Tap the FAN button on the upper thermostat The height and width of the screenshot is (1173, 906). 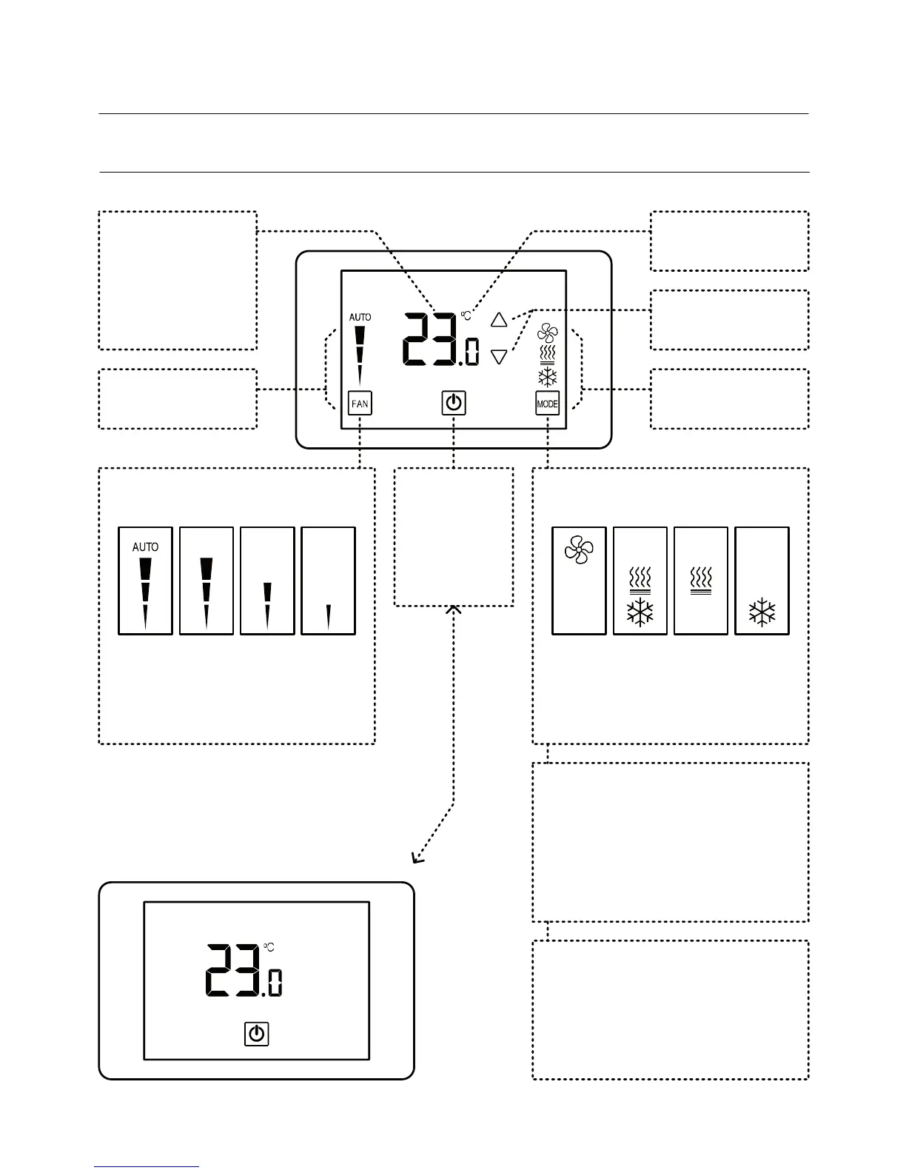click(360, 404)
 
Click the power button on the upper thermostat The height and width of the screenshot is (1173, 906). click(454, 404)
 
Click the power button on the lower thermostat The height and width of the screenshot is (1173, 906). click(257, 1034)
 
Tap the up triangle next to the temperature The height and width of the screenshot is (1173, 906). click(499, 320)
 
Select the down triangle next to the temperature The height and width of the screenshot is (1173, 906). click(499, 357)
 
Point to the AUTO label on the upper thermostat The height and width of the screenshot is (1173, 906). click(360, 317)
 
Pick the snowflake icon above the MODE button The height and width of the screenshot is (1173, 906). click(548, 378)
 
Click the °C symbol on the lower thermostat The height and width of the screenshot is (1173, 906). click(269, 947)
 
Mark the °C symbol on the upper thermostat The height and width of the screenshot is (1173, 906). click(466, 315)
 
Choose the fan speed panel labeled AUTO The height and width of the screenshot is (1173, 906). click(146, 581)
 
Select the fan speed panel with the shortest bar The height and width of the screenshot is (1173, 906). click(328, 581)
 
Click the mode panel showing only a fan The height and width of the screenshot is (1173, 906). click(580, 581)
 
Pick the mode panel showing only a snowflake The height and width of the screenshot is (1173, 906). click(762, 581)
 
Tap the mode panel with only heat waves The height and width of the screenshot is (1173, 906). click(701, 581)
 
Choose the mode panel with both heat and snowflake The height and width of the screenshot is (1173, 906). click(640, 581)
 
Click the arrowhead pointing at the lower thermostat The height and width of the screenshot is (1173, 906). click(417, 859)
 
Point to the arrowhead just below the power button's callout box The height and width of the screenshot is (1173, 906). click(454, 610)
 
